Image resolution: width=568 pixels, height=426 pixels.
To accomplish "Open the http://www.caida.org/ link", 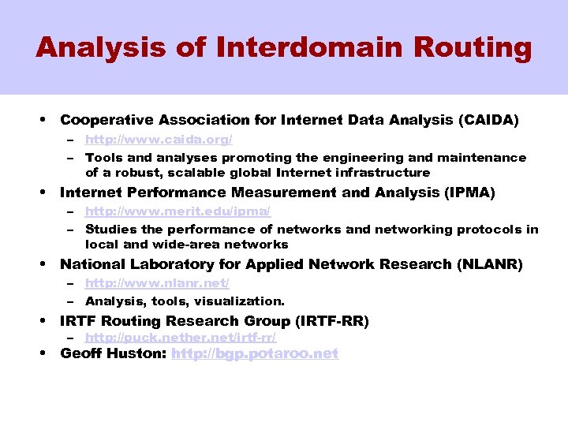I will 159,140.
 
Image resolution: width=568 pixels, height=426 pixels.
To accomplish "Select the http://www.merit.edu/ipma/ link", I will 177,211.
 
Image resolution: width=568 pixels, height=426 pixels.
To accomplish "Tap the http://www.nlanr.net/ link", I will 157,283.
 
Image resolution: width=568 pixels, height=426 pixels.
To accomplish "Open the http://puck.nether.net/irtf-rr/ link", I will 181,337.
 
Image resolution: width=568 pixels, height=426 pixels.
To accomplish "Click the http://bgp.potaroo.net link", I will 255,353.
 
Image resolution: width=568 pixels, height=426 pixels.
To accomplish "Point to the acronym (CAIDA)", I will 488,121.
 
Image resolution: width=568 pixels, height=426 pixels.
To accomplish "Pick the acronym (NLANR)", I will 489,264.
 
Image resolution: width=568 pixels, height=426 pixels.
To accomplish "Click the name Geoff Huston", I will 113,353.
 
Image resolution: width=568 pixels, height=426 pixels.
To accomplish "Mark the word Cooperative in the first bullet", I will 107,121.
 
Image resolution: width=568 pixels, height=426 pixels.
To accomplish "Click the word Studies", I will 111,229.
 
